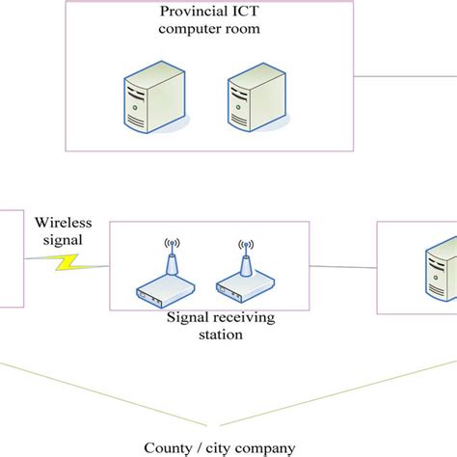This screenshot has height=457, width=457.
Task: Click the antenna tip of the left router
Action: click(x=170, y=240)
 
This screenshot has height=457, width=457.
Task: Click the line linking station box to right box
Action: click(x=343, y=266)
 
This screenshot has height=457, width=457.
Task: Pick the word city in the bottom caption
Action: click(x=216, y=447)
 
